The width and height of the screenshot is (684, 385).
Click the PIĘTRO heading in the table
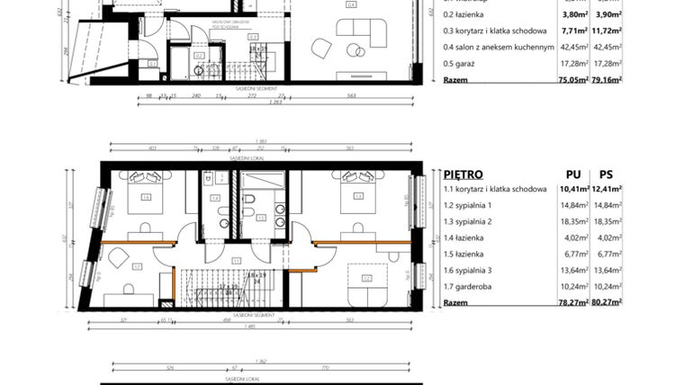coord(463,174)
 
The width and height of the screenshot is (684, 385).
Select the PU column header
coord(572,174)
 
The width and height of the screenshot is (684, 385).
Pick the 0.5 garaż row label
coord(462,63)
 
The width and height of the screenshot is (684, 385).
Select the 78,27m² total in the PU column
coord(572,303)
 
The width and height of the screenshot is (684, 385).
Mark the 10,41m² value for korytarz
coord(572,189)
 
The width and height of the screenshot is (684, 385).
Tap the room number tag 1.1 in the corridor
coord(236,261)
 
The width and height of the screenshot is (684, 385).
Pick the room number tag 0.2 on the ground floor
coord(201,55)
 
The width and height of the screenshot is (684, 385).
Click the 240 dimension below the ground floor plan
coord(194,94)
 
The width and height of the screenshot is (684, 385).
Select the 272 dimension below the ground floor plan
coord(250,94)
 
